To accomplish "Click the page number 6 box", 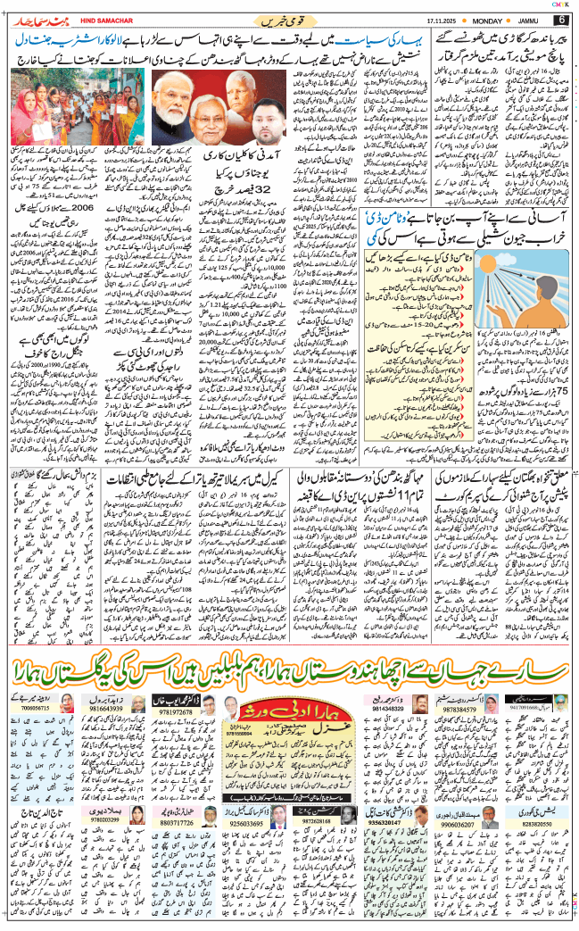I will pos(562,20).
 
